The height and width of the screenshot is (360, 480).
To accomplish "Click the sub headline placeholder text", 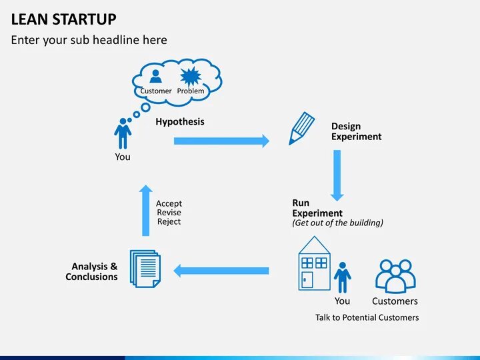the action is pyautogui.click(x=89, y=40).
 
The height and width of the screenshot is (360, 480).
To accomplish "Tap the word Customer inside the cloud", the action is pyautogui.click(x=156, y=91).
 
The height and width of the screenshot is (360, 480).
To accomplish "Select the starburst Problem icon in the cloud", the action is pyautogui.click(x=191, y=75).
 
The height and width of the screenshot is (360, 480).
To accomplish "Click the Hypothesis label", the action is pyautogui.click(x=180, y=122).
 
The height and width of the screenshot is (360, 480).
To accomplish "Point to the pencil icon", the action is pyautogui.click(x=301, y=128).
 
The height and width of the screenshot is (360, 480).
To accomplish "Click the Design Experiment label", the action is pyautogui.click(x=356, y=131).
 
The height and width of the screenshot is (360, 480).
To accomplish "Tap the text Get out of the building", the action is pyautogui.click(x=337, y=223).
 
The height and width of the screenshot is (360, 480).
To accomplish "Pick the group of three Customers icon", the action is pyautogui.click(x=395, y=275).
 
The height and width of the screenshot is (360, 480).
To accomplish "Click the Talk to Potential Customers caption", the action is pyautogui.click(x=367, y=317).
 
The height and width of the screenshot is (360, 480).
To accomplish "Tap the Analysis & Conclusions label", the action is pyautogui.click(x=94, y=271).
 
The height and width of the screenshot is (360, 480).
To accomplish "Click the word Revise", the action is pyautogui.click(x=169, y=213).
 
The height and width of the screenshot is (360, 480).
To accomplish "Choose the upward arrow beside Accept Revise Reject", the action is pyautogui.click(x=145, y=210).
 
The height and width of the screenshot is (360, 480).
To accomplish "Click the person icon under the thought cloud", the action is pyautogui.click(x=123, y=133).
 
